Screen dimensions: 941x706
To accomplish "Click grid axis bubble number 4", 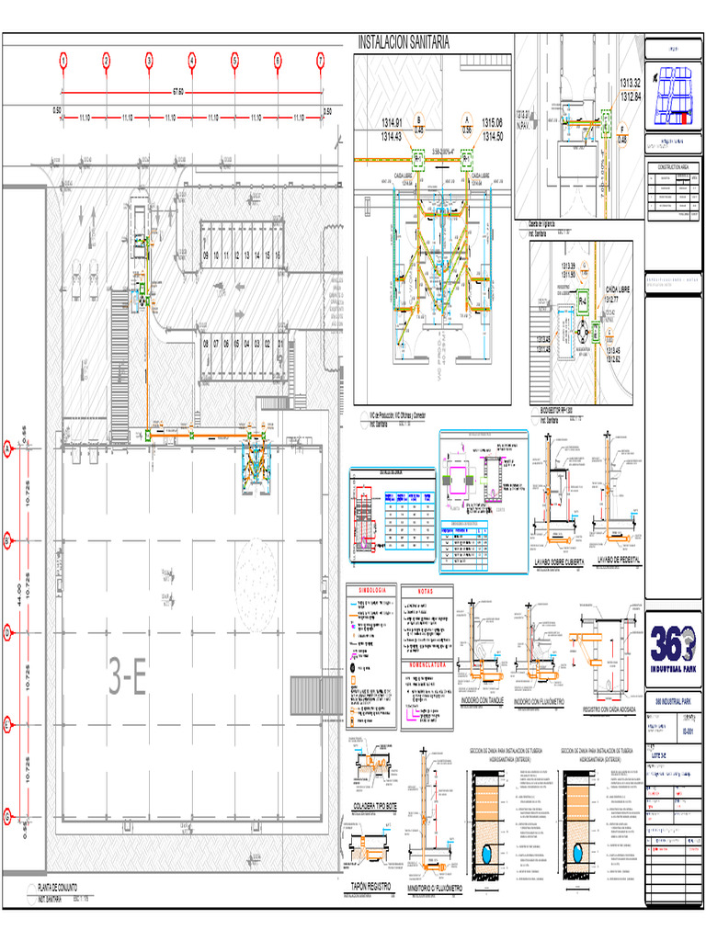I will pyautogui.click(x=192, y=61).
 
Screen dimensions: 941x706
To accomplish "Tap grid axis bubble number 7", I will pyautogui.click(x=321, y=61).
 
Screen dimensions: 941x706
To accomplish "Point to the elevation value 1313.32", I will pyautogui.click(x=630, y=83).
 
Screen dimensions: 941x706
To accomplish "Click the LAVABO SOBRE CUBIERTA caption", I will pyautogui.click(x=559, y=560).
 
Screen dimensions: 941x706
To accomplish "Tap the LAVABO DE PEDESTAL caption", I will pyautogui.click(x=618, y=560).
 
